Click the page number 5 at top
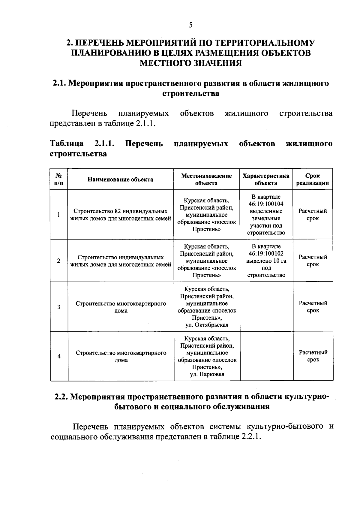190,25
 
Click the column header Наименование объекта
120,180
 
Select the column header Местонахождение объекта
206,180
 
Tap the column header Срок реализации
313,180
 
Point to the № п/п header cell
59,180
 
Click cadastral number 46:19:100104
266,204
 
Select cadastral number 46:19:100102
266,254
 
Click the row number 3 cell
59,307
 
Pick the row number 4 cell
59,357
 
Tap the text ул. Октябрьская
207,325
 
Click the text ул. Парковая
207,374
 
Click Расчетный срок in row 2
313,261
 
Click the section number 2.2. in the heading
61,397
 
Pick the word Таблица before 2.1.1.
66,143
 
